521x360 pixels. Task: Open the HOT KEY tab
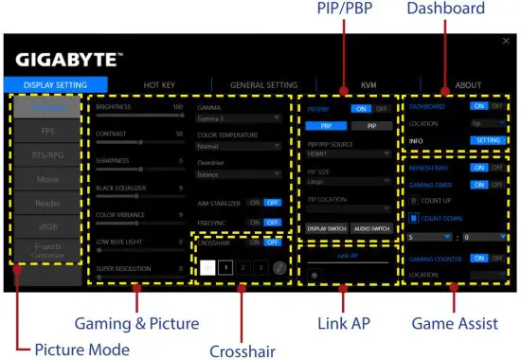click(x=159, y=85)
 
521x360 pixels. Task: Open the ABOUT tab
click(x=468, y=85)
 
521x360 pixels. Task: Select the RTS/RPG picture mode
click(x=45, y=155)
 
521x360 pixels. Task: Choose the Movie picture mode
click(x=45, y=179)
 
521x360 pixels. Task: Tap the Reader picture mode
click(x=45, y=204)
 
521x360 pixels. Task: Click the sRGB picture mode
click(x=45, y=227)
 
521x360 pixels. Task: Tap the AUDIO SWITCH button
click(x=371, y=229)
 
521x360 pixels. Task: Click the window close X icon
click(x=505, y=42)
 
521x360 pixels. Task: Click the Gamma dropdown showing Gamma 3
click(x=239, y=118)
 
